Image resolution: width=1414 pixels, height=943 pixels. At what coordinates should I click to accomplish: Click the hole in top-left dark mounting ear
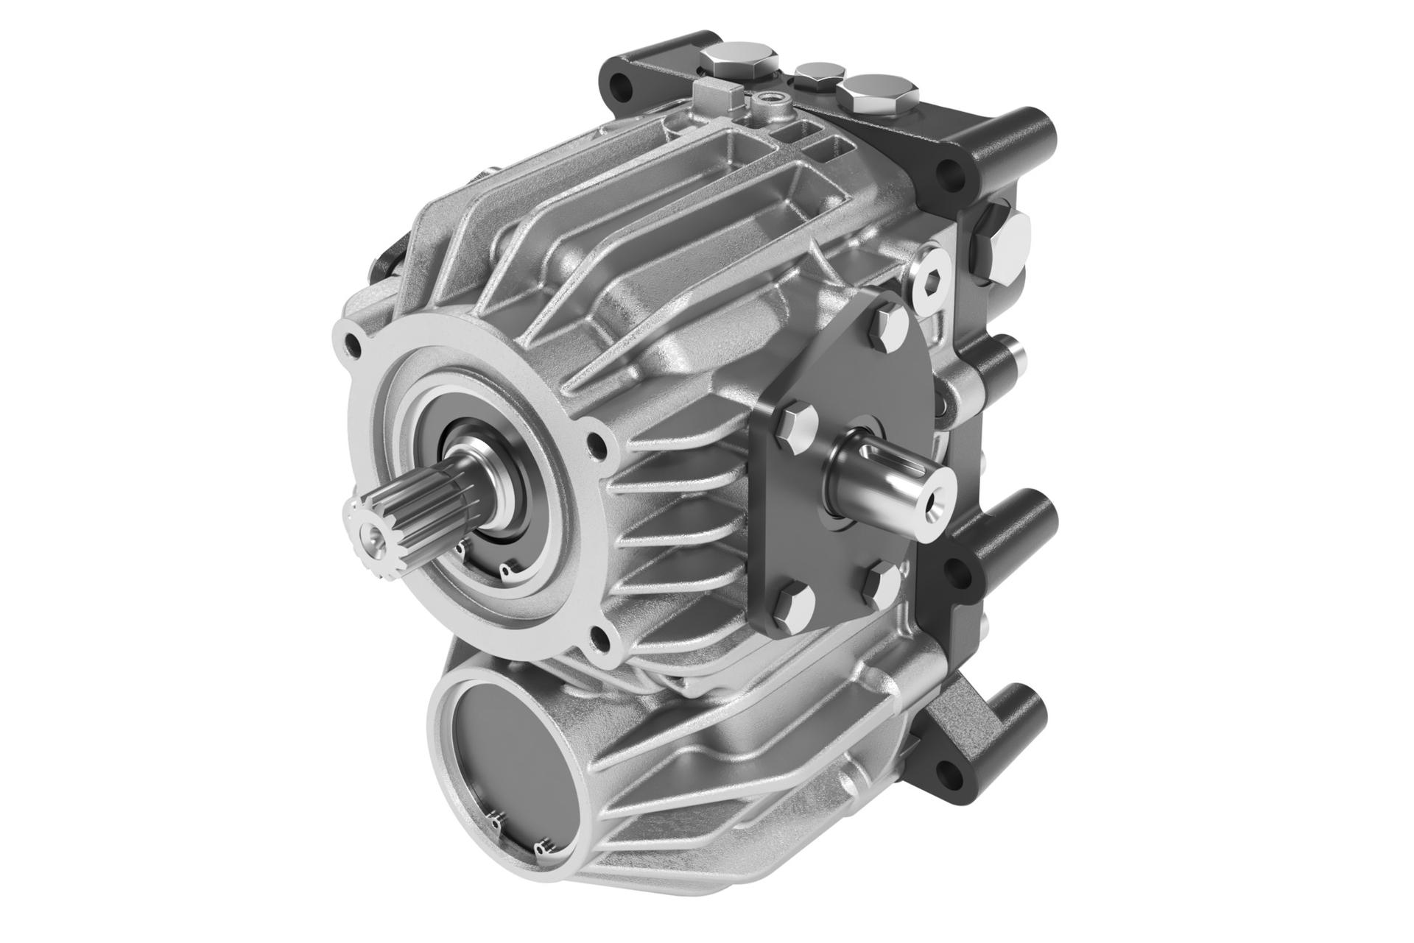pyautogui.click(x=624, y=87)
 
